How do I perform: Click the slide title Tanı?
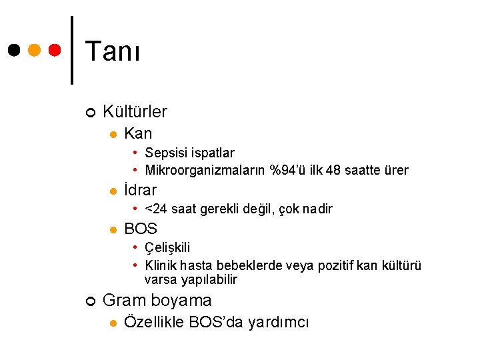point(113,51)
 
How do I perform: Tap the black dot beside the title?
point(13,51)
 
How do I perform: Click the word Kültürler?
point(135,111)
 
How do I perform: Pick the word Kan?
point(138,133)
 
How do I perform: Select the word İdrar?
point(141,190)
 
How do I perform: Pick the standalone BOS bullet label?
point(141,229)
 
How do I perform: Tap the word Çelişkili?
point(167,249)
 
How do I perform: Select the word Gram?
point(125,301)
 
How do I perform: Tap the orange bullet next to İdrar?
point(113,191)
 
